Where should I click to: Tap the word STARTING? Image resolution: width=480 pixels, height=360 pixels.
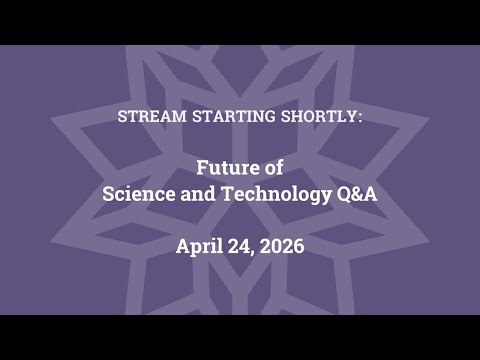pos(227,116)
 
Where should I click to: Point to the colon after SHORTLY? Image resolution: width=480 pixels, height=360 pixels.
pos(360,117)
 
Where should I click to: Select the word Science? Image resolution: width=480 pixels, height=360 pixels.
pos(140,194)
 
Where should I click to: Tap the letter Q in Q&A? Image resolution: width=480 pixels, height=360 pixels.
pos(342,194)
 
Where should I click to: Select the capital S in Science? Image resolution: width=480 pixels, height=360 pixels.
pos(109,194)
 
